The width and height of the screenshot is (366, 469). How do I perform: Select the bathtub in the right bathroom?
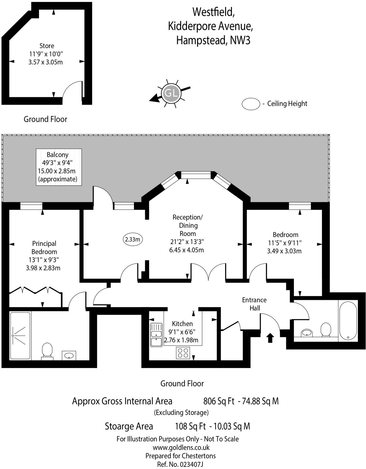coord(348,321)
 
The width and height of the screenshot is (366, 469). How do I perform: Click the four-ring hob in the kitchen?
coord(183,353)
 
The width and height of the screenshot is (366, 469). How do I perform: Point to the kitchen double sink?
coord(156,335)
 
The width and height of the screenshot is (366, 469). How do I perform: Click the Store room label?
coord(47,46)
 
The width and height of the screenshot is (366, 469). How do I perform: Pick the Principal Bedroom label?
coord(44,247)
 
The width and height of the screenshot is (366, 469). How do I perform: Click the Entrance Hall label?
coord(254,304)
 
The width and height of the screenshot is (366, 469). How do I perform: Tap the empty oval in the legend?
coord(251,104)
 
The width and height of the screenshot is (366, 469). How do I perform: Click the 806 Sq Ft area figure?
coord(219,401)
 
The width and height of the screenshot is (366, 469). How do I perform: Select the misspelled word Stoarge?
coord(129,426)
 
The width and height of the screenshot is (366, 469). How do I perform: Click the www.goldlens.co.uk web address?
coord(181,447)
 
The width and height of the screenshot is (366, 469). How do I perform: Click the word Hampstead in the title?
coord(201,40)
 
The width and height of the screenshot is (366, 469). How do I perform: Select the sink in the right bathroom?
coord(306,333)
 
